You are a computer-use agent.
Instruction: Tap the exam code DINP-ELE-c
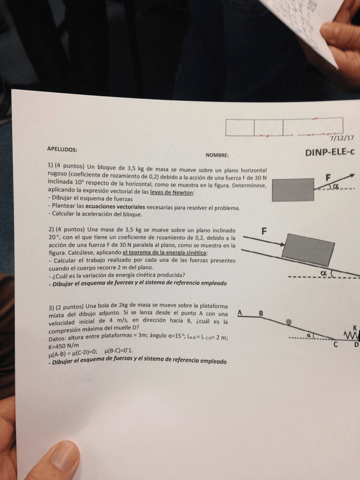[330, 152]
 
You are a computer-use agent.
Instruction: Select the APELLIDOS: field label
[62, 149]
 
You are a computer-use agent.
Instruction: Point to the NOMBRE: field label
[217, 155]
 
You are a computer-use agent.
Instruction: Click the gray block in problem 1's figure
[293, 190]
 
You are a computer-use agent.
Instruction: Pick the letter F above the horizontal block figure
[328, 177]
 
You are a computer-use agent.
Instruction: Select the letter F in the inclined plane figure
[264, 231]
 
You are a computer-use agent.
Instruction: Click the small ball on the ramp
[289, 322]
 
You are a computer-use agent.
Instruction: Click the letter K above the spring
[354, 327]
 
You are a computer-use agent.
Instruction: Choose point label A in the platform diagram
[240, 312]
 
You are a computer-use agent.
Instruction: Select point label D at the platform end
[356, 345]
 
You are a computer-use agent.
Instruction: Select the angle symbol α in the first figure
[337, 185]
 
